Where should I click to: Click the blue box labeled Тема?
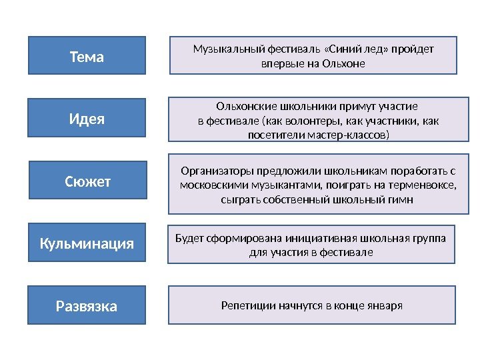coord(87,56)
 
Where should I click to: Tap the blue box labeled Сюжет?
coord(87,181)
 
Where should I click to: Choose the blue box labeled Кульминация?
coord(87,243)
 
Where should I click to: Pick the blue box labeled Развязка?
coord(87,306)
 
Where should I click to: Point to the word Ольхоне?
coord(345,64)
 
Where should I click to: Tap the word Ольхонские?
coord(247,106)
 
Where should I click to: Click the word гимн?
coord(399,199)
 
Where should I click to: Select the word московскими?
coord(217,185)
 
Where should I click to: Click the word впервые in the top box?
coord(281,64)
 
